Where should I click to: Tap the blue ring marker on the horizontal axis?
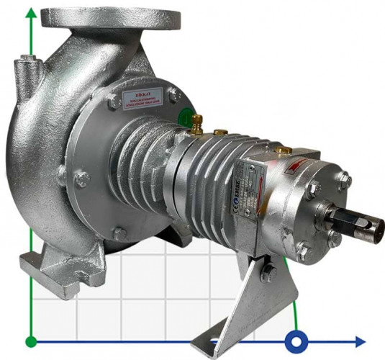coord(295,341)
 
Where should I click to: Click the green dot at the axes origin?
coord(30,341)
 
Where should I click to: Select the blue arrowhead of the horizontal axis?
coord(359,341)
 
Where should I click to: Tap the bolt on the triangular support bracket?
coord(268,273)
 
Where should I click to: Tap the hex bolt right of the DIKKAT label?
coord(173,94)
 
